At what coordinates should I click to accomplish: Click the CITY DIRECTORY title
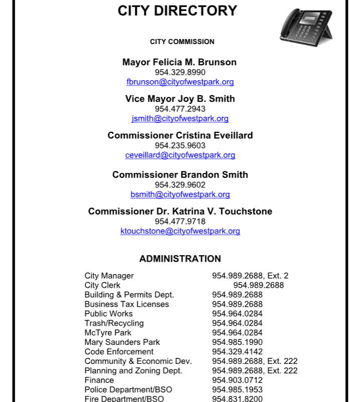pyautogui.click(x=177, y=11)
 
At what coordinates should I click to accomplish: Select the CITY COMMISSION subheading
pyautogui.click(x=182, y=42)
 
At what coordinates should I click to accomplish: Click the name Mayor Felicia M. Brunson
pyautogui.click(x=179, y=62)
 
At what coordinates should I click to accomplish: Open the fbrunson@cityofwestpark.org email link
pyautogui.click(x=180, y=82)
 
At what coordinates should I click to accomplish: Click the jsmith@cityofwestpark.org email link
pyautogui.click(x=180, y=118)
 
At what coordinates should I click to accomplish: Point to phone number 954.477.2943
pyautogui.click(x=180, y=109)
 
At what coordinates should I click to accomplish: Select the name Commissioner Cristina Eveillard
pyautogui.click(x=180, y=135)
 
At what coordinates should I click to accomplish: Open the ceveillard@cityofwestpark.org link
pyautogui.click(x=180, y=155)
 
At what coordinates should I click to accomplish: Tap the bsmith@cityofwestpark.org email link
pyautogui.click(x=180, y=194)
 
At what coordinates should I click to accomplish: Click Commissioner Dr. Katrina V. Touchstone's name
pyautogui.click(x=180, y=211)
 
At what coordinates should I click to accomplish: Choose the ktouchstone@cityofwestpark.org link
pyautogui.click(x=180, y=231)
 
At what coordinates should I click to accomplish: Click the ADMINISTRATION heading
pyautogui.click(x=180, y=259)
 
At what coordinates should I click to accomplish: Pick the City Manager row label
pyautogui.click(x=109, y=276)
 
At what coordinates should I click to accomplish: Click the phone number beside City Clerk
pyautogui.click(x=259, y=285)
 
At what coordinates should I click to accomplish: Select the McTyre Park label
pyautogui.click(x=108, y=332)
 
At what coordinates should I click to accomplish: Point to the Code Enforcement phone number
pyautogui.click(x=237, y=351)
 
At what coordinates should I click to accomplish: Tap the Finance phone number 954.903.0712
pyautogui.click(x=237, y=380)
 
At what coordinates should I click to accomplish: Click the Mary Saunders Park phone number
pyautogui.click(x=237, y=342)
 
